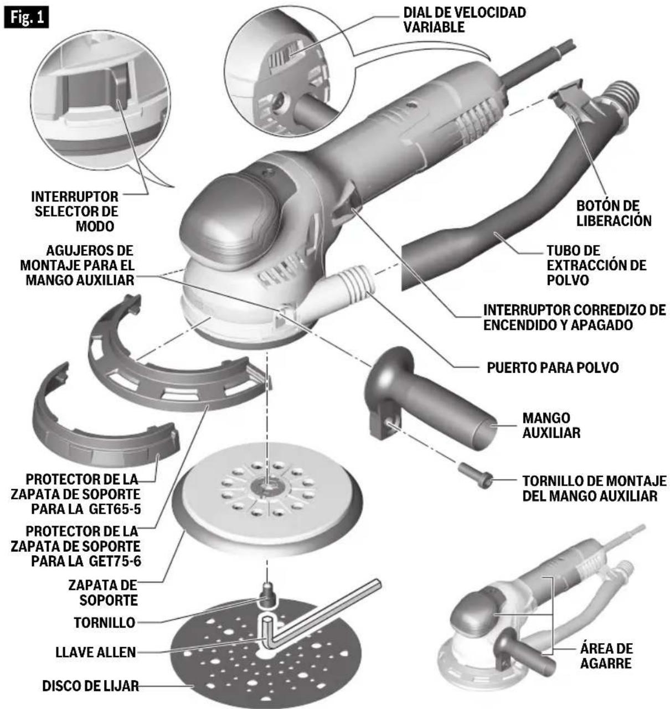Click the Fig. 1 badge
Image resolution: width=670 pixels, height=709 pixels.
click(26, 17)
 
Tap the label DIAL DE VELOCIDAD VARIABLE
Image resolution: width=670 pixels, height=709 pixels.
click(465, 19)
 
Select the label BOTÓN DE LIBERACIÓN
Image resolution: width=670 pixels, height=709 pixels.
click(614, 213)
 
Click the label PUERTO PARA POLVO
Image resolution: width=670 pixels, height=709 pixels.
click(553, 368)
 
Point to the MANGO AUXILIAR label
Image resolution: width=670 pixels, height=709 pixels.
click(552, 425)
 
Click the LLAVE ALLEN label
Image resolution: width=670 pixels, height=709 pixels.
click(96, 652)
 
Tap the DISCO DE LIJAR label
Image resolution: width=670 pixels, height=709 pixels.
click(91, 686)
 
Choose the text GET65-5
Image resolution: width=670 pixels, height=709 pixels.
click(115, 509)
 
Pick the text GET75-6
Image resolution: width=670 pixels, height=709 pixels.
click(115, 561)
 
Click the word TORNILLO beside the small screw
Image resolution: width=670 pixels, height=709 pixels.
click(105, 623)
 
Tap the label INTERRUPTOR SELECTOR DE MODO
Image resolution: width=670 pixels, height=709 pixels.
click(75, 211)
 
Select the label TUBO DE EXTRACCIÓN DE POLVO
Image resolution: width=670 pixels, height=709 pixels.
click(596, 265)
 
